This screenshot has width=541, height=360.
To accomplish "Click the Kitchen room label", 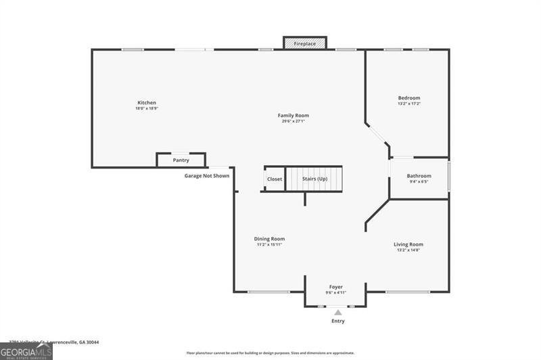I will pyautogui.click(x=147, y=103).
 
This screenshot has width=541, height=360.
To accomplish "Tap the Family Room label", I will pyautogui.click(x=293, y=116).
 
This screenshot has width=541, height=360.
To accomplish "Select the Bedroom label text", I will pyautogui.click(x=408, y=98).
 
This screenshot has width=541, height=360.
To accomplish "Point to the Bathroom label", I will pyautogui.click(x=419, y=176).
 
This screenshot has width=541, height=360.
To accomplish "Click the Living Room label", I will pyautogui.click(x=408, y=244).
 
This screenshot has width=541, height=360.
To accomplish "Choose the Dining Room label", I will pyautogui.click(x=269, y=239).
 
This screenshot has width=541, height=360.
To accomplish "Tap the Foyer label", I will pyautogui.click(x=336, y=287).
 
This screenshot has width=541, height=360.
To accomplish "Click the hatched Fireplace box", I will pyautogui.click(x=304, y=43).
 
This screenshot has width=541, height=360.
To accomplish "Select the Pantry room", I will pyautogui.click(x=181, y=160).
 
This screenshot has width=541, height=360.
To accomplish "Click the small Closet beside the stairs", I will pyautogui.click(x=274, y=179).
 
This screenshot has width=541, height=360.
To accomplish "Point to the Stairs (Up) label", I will pyautogui.click(x=314, y=179).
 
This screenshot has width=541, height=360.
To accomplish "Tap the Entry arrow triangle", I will pyautogui.click(x=337, y=312).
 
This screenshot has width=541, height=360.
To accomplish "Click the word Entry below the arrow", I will pyautogui.click(x=337, y=321).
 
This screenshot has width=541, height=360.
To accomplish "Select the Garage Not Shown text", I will pyautogui.click(x=207, y=176).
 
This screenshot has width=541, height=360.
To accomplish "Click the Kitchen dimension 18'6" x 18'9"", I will pyautogui.click(x=147, y=108).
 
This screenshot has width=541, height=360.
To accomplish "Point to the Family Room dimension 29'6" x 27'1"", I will pyautogui.click(x=293, y=121).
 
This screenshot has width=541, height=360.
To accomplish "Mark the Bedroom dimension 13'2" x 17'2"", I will pyautogui.click(x=408, y=104).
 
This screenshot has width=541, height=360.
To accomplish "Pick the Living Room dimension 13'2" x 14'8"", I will pyautogui.click(x=408, y=250).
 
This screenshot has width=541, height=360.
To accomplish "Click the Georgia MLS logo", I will pyautogui.click(x=26, y=351).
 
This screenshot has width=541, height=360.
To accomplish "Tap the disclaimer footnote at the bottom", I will pyautogui.click(x=270, y=353).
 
